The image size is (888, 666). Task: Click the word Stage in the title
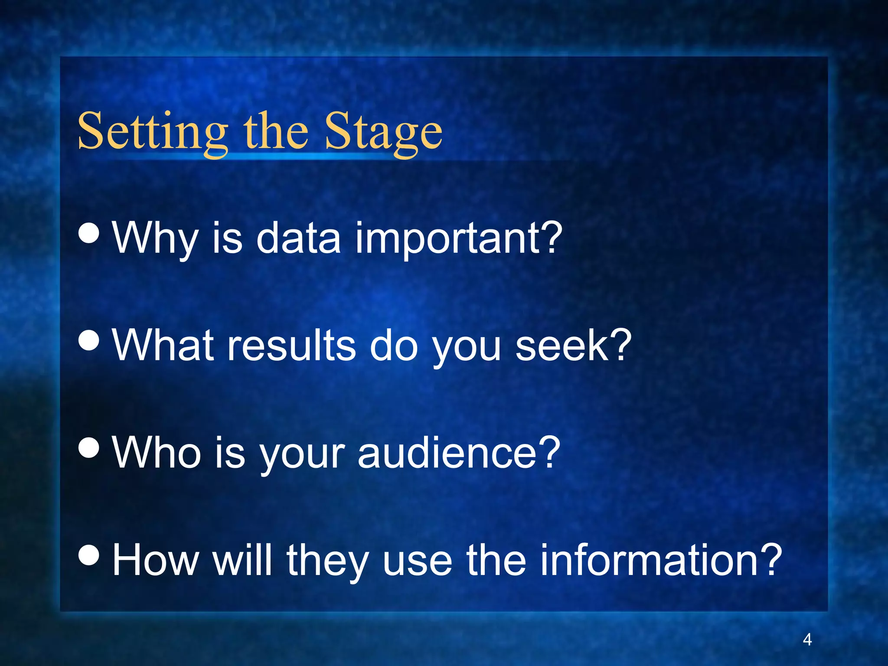383,132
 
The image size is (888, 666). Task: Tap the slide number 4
807,640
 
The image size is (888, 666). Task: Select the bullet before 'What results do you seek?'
89,340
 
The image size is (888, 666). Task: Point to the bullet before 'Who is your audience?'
89,448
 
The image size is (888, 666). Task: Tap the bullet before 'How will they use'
89,555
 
